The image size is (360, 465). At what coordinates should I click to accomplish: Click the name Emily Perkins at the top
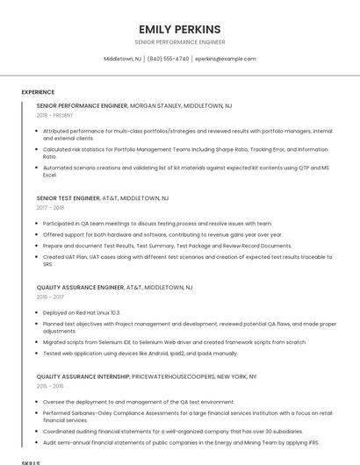179,29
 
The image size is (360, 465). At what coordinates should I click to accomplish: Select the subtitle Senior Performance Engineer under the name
179,42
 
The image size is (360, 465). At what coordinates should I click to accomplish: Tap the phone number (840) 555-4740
168,59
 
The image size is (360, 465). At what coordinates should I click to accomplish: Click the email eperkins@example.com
225,59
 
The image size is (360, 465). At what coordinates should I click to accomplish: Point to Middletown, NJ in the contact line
122,59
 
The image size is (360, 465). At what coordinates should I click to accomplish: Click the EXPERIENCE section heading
38,92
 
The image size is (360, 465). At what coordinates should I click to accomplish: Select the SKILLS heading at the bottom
31,461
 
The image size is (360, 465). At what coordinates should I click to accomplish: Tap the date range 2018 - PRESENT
56,115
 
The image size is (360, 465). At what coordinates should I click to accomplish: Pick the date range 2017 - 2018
50,208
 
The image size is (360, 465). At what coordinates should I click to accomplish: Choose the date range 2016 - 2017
50,297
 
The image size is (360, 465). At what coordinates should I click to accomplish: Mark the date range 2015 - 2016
50,386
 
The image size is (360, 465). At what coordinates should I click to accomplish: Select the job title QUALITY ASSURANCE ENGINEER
80,288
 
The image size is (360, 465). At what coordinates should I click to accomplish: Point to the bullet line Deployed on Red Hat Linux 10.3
82,312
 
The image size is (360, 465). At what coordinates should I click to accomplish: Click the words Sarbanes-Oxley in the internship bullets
94,412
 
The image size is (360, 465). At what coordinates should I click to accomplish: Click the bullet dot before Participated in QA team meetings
36,224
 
